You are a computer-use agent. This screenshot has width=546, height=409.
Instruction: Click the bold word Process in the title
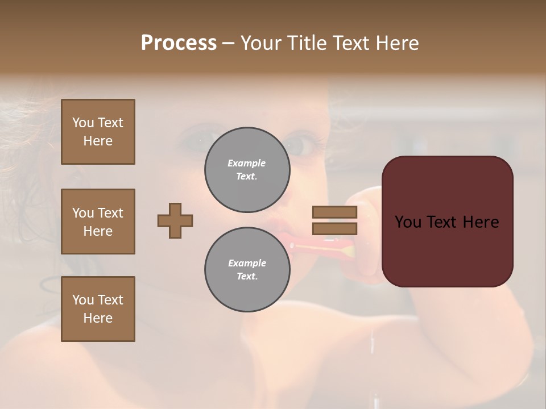179,43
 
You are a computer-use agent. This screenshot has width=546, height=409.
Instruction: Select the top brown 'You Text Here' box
98,132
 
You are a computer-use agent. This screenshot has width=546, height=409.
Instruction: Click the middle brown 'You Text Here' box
98,222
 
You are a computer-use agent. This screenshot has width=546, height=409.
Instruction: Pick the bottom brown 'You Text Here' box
98,309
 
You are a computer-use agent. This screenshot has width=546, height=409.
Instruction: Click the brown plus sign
175,220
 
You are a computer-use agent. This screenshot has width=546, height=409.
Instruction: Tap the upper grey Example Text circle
247,170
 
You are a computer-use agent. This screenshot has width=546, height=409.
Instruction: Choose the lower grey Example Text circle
247,270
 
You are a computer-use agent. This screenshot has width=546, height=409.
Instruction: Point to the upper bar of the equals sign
334,212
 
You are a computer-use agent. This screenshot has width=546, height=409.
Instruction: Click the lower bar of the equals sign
334,229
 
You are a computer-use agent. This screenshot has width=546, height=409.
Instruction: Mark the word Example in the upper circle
247,163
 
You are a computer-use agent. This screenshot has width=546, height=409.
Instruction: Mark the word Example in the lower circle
247,263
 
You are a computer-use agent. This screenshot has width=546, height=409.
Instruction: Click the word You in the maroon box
407,222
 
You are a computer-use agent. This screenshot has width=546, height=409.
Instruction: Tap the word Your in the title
261,43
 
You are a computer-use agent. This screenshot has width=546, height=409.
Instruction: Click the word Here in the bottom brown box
98,318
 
